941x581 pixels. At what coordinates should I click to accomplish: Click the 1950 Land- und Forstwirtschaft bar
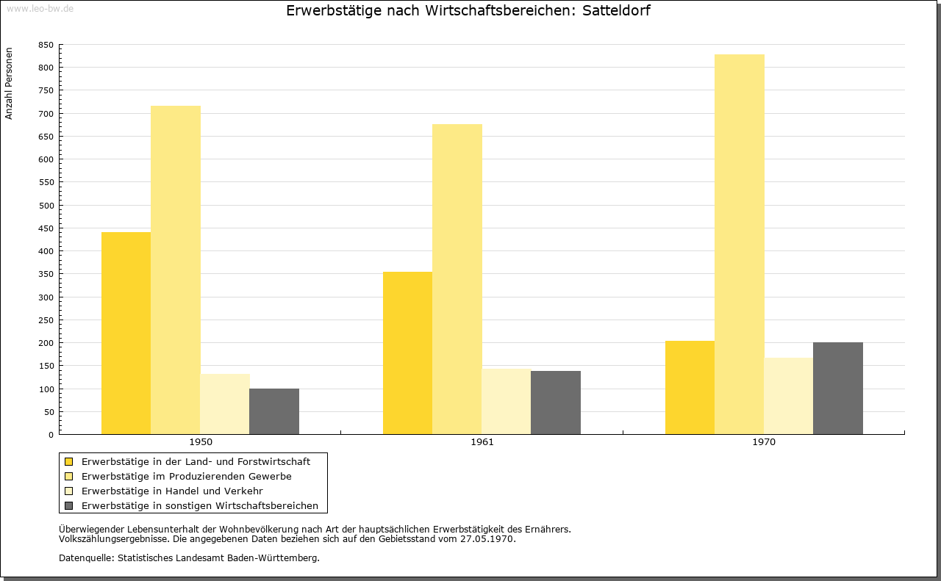click(x=126, y=333)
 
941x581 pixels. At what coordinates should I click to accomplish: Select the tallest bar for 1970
click(x=740, y=245)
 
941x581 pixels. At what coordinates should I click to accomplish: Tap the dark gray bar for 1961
click(x=556, y=403)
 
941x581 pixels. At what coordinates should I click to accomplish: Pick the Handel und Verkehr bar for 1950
click(x=225, y=404)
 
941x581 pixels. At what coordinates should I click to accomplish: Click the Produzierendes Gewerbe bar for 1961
click(x=457, y=279)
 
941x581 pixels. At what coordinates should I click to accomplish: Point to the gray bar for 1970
click(x=838, y=389)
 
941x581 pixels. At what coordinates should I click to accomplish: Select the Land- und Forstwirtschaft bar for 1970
click(x=690, y=388)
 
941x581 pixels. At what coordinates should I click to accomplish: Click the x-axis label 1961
click(x=482, y=442)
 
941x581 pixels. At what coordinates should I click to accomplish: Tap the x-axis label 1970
click(x=764, y=442)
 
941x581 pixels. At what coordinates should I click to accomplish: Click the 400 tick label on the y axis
click(x=46, y=251)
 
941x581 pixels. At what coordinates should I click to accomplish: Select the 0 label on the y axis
click(x=51, y=436)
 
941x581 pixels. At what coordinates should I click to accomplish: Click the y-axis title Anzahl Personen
click(x=9, y=84)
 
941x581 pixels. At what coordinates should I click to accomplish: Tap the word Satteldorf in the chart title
click(x=616, y=10)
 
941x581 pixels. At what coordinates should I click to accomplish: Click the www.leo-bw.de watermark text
click(x=40, y=9)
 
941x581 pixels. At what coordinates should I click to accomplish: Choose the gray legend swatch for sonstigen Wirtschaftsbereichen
click(x=68, y=506)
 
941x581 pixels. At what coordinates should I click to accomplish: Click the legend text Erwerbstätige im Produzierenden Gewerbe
click(x=187, y=477)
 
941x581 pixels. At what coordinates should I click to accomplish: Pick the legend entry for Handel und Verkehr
click(x=172, y=491)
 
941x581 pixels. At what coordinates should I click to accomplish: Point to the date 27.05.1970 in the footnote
click(x=487, y=539)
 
